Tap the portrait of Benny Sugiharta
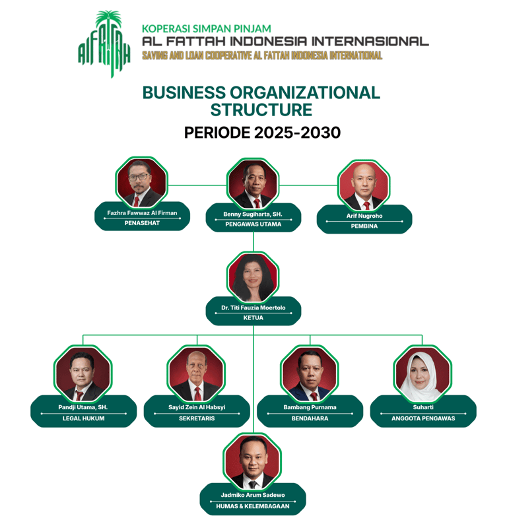(x=253, y=184)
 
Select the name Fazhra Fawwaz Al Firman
(x=142, y=213)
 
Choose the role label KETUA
(x=253, y=318)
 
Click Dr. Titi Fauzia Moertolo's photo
(x=253, y=278)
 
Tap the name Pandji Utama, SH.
(x=83, y=407)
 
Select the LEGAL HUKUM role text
(x=83, y=418)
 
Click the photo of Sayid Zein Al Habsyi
(x=196, y=374)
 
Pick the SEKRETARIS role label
(x=197, y=418)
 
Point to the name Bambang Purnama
(x=310, y=407)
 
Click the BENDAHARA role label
(x=310, y=418)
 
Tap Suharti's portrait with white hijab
(x=422, y=374)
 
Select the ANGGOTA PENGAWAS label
(x=422, y=418)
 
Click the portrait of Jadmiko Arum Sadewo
(x=253, y=461)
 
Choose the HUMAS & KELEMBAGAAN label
(x=253, y=507)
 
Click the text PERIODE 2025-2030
(x=262, y=132)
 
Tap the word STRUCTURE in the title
(x=261, y=109)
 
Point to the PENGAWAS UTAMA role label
(x=253, y=224)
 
